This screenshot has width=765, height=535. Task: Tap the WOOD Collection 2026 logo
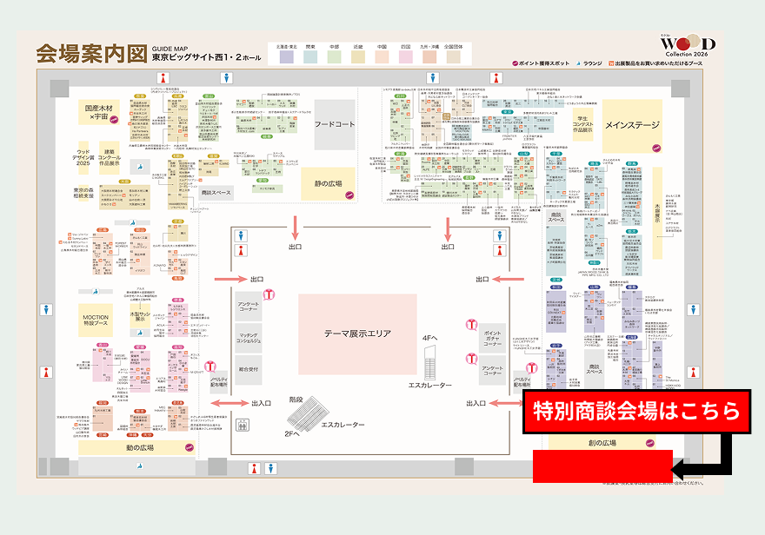click(x=686, y=45)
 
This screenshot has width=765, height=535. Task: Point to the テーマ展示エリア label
click(x=357, y=334)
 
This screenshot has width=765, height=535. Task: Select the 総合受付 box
click(x=248, y=368)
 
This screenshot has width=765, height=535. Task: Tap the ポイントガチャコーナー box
click(x=492, y=338)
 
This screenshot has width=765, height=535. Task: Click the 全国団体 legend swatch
click(x=453, y=57)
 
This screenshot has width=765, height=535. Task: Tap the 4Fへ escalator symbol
click(x=430, y=359)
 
